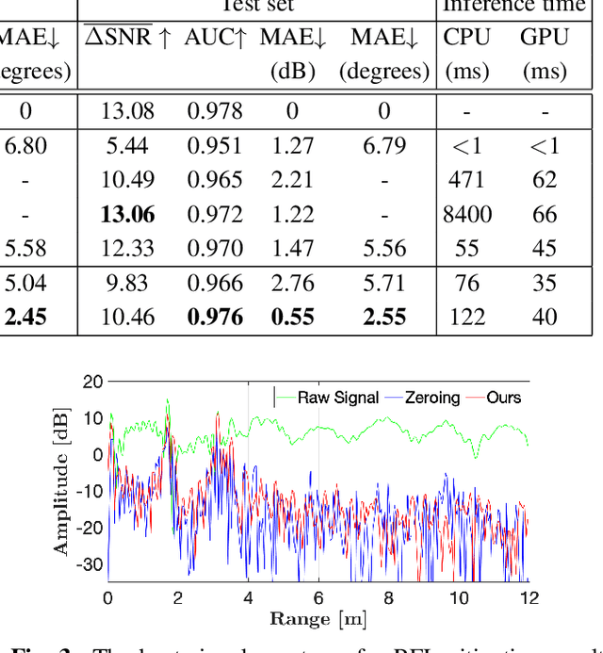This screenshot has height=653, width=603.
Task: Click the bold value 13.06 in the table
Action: (x=128, y=215)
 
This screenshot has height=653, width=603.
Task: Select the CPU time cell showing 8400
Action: (x=467, y=215)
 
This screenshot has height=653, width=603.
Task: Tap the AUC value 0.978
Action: (x=212, y=111)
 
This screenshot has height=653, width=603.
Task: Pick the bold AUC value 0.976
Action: (x=212, y=318)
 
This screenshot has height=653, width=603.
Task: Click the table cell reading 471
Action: (x=467, y=180)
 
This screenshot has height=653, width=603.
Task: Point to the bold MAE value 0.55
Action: (x=292, y=318)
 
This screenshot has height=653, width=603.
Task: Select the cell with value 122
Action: (x=467, y=318)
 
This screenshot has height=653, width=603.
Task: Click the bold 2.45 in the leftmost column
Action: (x=25, y=318)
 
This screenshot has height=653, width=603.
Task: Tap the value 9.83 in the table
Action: (x=128, y=284)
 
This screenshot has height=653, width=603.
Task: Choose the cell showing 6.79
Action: (x=384, y=146)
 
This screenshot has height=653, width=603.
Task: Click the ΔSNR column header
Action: (x=128, y=38)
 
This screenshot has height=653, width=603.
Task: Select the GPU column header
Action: (x=545, y=38)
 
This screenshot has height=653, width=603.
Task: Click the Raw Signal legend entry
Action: (x=337, y=398)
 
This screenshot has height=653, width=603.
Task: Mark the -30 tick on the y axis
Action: (x=90, y=564)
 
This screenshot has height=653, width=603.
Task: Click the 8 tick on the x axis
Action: (x=388, y=597)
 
